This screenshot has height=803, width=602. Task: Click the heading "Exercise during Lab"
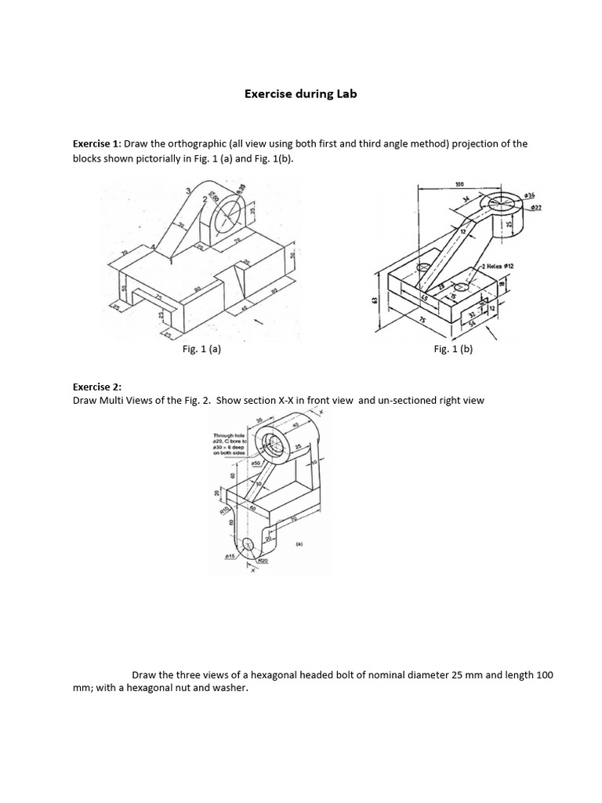(x=300, y=94)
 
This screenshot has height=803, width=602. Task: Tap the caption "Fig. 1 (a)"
(x=201, y=351)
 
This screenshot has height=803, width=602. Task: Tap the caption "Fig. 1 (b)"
(x=453, y=351)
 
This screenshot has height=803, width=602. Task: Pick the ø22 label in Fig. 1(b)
(x=536, y=207)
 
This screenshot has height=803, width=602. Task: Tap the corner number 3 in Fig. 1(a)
(x=187, y=191)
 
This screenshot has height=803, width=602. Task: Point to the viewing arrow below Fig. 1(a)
(x=256, y=322)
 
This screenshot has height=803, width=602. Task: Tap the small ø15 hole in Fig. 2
(x=248, y=543)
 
